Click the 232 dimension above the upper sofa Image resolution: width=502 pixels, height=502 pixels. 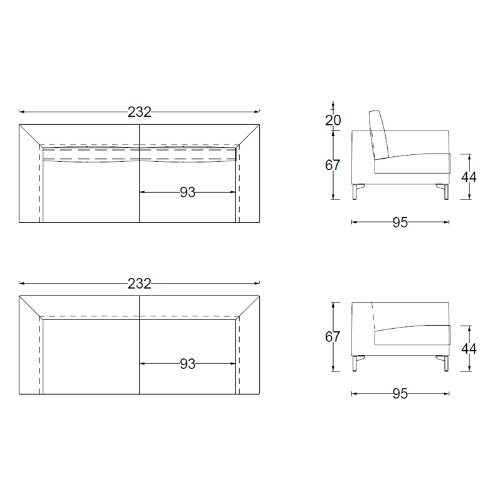(x=139, y=112)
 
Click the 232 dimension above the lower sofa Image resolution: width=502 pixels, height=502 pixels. (x=139, y=284)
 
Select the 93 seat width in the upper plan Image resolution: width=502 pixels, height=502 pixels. (x=187, y=193)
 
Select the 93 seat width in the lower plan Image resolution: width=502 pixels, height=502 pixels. (x=187, y=364)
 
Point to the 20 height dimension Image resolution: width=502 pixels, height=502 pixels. (x=333, y=120)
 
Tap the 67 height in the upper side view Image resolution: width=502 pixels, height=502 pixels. (x=333, y=165)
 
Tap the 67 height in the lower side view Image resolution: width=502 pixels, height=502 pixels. (x=333, y=337)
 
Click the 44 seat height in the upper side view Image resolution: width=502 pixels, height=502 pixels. (x=469, y=177)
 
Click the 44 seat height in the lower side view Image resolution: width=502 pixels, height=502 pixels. (x=469, y=349)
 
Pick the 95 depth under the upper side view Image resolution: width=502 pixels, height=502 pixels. (x=400, y=223)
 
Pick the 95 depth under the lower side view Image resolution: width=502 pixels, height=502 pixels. (x=400, y=394)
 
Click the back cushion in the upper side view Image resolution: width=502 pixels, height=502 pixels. (x=379, y=135)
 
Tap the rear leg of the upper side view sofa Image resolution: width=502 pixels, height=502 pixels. (x=355, y=191)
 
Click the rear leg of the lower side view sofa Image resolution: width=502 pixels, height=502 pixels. (x=355, y=363)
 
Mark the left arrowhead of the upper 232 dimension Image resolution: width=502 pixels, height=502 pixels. (x=21, y=112)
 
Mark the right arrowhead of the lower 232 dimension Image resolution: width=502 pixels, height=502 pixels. (x=257, y=284)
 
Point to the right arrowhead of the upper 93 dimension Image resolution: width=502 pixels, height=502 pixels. (x=233, y=192)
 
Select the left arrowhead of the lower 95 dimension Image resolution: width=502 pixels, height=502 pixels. (x=354, y=393)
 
